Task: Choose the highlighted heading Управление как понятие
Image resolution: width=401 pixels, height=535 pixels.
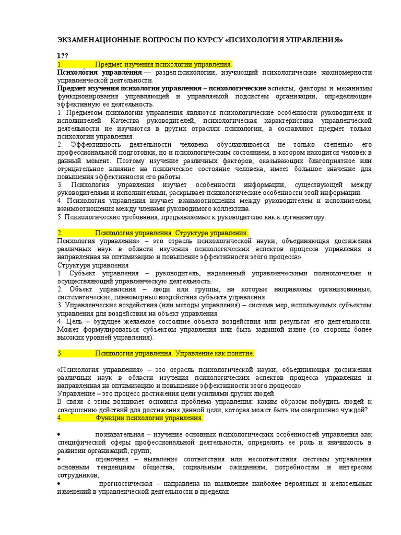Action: (174, 353)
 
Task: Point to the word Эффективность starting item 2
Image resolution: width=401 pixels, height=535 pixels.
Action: (92, 144)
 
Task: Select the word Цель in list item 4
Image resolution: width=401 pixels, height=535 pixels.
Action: (73, 321)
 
